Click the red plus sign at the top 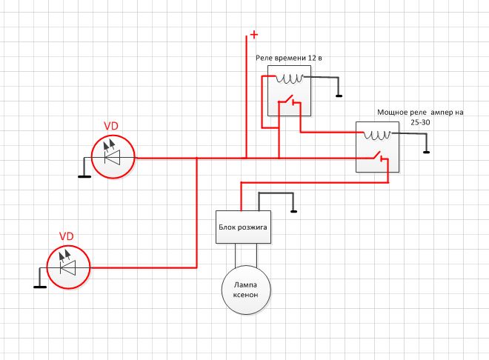click(254, 34)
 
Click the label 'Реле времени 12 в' click(289, 58)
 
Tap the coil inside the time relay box click(290, 79)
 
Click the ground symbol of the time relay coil click(339, 96)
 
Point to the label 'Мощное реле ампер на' click(420, 112)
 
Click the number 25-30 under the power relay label click(420, 122)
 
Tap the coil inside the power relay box click(377, 135)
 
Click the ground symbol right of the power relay click(426, 152)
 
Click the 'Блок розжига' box click(243, 227)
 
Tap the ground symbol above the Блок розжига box click(293, 211)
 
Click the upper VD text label click(111, 126)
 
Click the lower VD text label click(67, 236)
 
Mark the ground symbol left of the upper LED click(84, 176)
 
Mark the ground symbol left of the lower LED click(40, 287)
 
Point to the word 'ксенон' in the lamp click(246, 295)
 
